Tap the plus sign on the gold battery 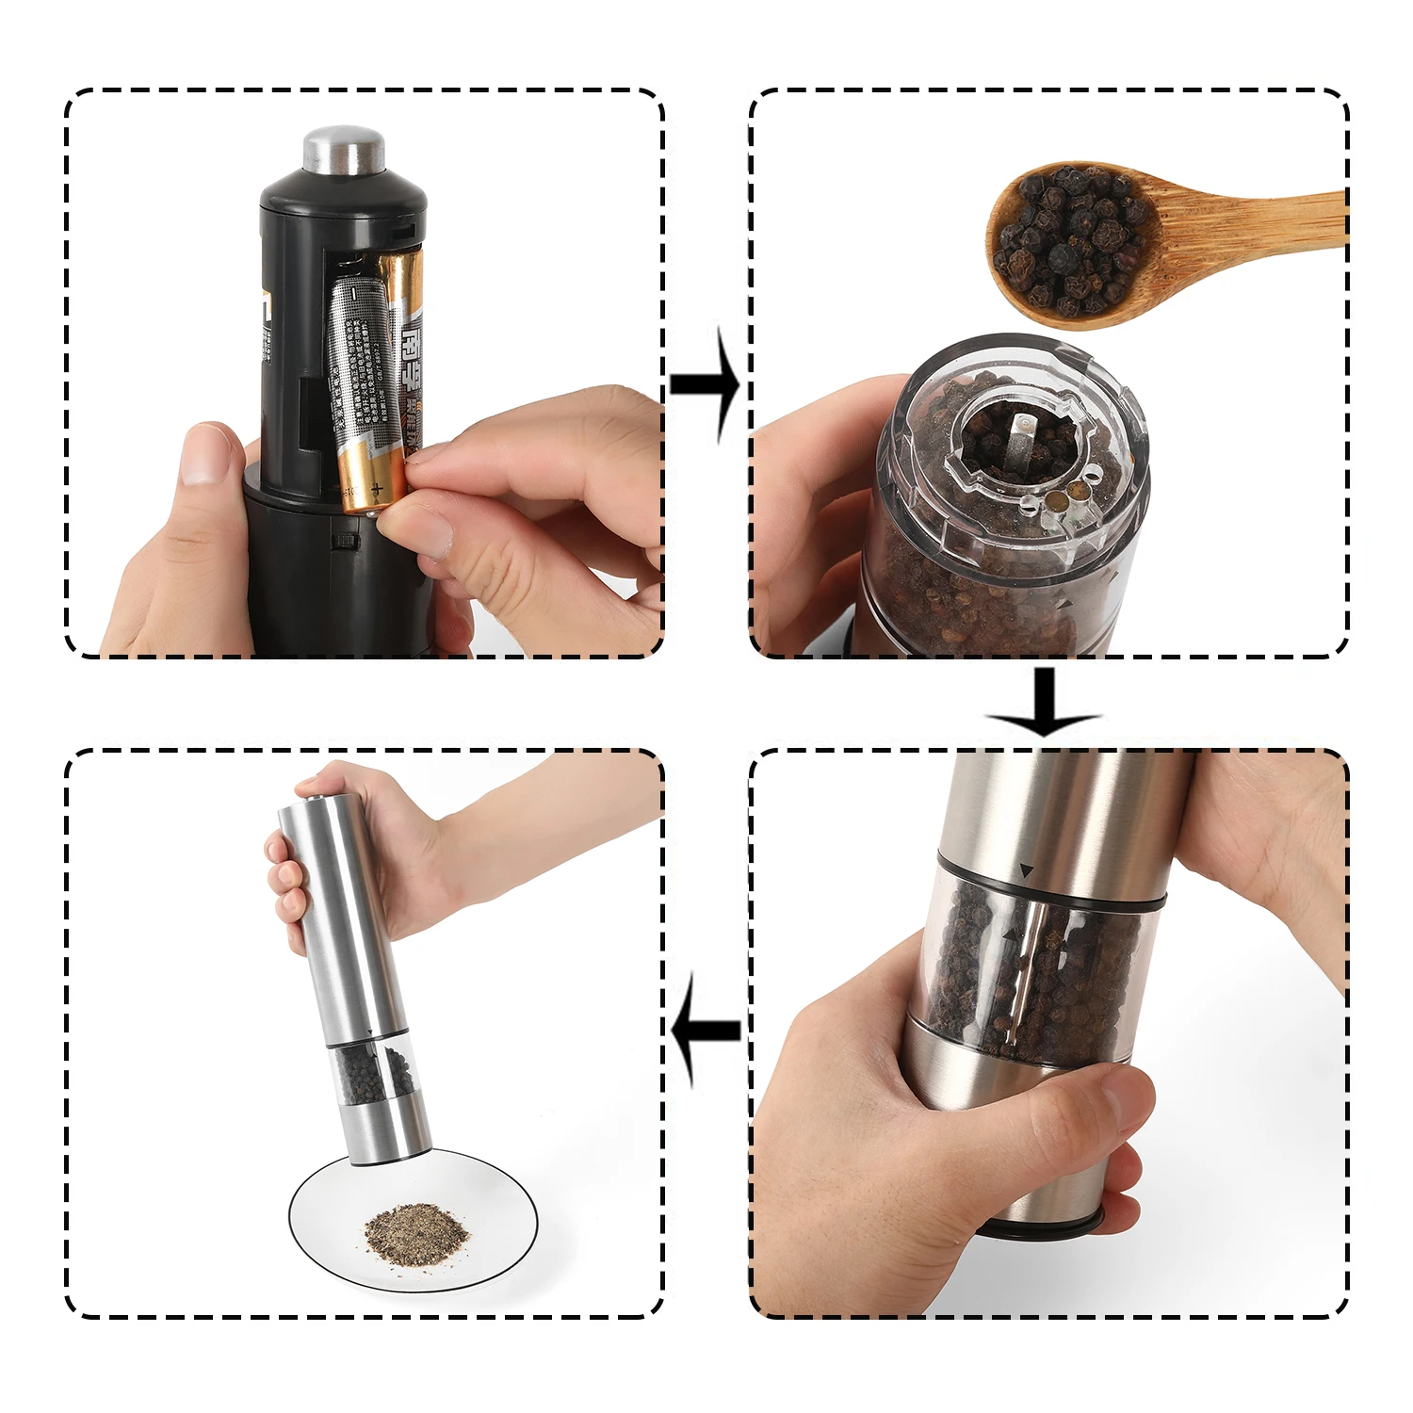(x=376, y=489)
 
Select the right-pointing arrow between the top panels (x=706, y=384)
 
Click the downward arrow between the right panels (x=1044, y=702)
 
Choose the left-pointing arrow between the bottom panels (x=706, y=1029)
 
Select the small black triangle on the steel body (x=1027, y=872)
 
